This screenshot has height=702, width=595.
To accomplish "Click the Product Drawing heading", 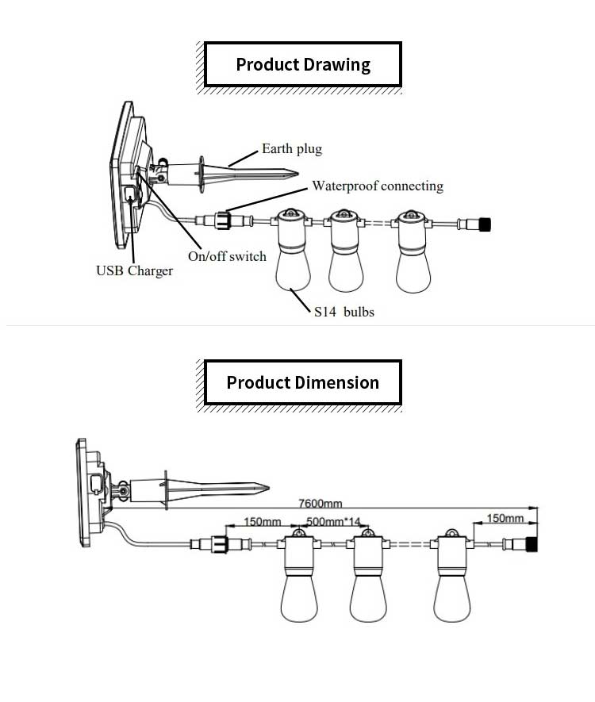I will (x=303, y=64).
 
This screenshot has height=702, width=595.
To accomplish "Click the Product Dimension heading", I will (x=303, y=382).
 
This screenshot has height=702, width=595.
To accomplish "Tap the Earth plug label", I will (x=292, y=148).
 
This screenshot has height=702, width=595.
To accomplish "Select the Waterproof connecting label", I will (x=377, y=186).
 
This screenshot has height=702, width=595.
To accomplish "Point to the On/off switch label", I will (x=227, y=256).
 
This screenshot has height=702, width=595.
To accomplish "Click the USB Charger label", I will (x=134, y=271).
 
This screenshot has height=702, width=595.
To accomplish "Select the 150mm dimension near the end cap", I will (x=505, y=519).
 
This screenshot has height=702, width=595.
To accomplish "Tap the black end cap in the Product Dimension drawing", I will (x=532, y=544).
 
